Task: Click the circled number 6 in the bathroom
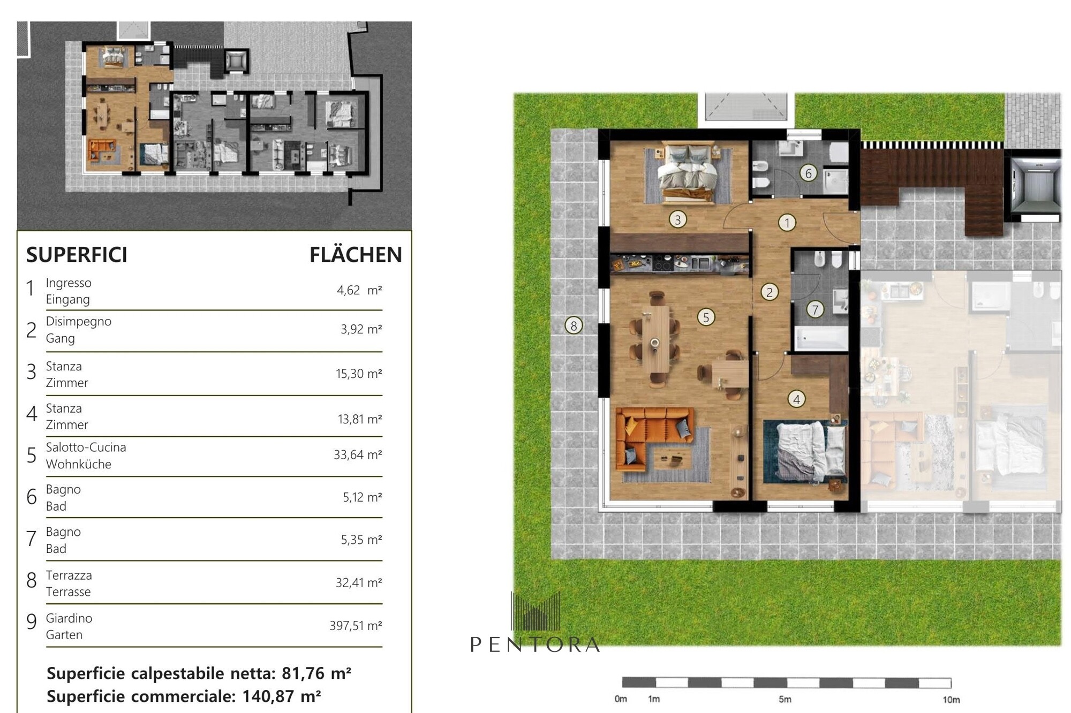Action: [808, 173]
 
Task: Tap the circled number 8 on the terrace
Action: [574, 325]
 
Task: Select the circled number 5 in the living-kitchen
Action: [706, 317]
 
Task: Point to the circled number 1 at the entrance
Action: [787, 223]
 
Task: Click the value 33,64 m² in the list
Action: [358, 454]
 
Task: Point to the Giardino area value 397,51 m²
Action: [356, 625]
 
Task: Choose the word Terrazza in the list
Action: [69, 575]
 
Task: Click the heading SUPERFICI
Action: [77, 255]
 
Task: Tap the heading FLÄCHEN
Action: [356, 255]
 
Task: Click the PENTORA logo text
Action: [535, 644]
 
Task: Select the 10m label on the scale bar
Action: [951, 700]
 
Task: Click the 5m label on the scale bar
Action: [785, 699]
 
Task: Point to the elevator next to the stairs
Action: [1035, 185]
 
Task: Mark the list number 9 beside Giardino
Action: [32, 621]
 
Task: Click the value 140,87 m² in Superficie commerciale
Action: [282, 696]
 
